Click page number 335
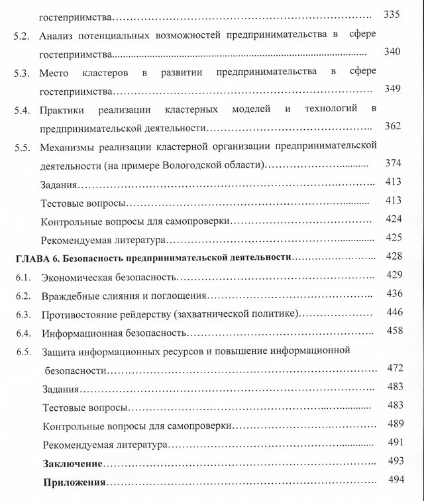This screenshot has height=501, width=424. tap(392, 15)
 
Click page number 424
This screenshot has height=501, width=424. tap(394, 219)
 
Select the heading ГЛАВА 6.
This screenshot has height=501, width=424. tap(36, 256)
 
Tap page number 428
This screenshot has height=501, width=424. tap(394, 256)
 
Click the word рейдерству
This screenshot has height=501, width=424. tap(154, 313)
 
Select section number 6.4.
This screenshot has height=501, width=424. tap(23, 331)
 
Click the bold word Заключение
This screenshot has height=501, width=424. tap(72, 462)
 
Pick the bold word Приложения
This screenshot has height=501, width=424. tap(74, 481)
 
